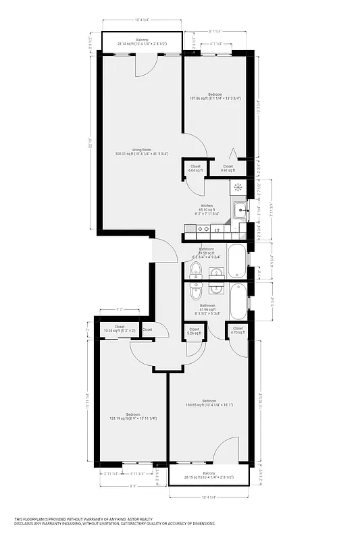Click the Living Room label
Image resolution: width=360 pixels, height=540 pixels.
(142, 152)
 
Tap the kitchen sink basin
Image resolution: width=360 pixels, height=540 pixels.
(240, 211)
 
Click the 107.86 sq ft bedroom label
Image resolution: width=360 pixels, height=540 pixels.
(215, 96)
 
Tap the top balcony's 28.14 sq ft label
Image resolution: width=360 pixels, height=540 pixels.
(142, 42)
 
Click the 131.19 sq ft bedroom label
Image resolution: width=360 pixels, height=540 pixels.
(133, 416)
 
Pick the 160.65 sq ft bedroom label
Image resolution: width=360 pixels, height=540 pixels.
(209, 403)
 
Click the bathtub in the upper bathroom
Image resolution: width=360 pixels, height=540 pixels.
(237, 261)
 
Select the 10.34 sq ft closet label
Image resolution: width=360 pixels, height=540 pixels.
(120, 329)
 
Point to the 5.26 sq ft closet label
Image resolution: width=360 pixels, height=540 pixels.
(195, 331)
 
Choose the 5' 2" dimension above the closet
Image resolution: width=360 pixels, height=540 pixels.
(120, 309)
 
